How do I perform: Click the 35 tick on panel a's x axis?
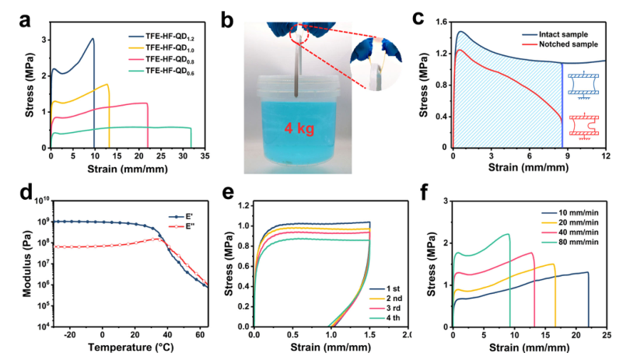pyautogui.click(x=204, y=156)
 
